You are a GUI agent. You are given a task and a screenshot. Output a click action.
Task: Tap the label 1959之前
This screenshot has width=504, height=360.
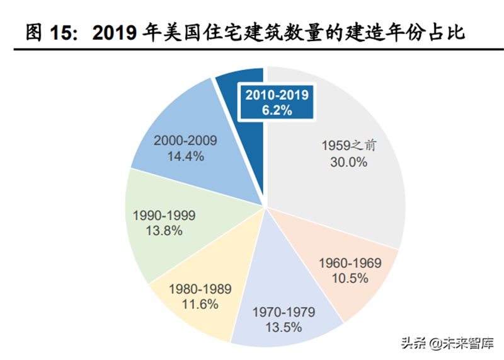[x=348, y=146]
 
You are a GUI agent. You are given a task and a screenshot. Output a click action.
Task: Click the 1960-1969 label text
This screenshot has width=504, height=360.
[x=350, y=262]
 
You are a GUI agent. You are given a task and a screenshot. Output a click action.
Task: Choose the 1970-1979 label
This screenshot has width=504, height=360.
[x=283, y=312]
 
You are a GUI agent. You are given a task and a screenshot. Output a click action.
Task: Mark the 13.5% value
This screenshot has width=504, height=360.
[x=283, y=327]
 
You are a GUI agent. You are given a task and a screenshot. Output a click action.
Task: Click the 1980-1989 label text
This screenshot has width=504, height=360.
[x=200, y=289]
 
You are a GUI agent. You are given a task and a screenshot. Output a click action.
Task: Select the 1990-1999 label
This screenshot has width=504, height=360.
[x=164, y=216]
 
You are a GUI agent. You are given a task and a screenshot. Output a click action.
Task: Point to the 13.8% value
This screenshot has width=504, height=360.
[x=164, y=231]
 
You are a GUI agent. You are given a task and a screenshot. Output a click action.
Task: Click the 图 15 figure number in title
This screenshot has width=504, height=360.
[x=53, y=32]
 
